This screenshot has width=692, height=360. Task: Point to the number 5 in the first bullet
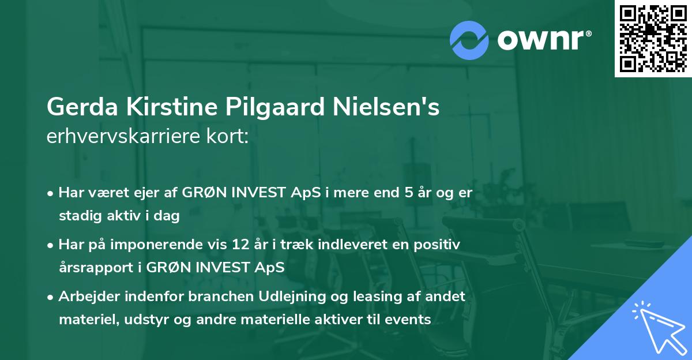click(408, 193)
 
